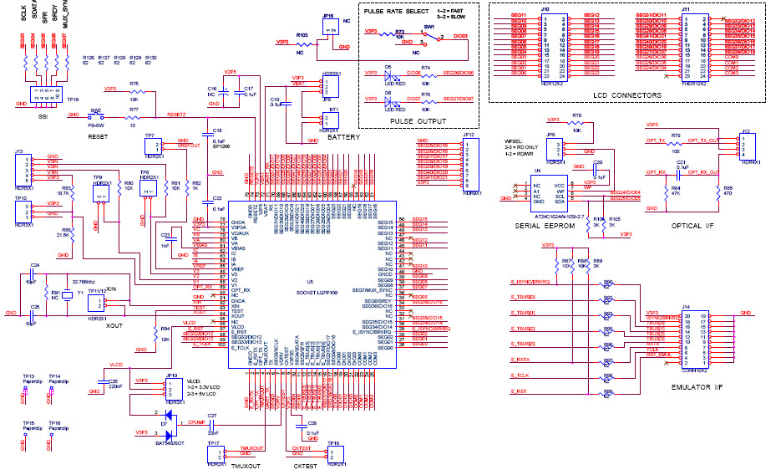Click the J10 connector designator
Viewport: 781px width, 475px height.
point(545,8)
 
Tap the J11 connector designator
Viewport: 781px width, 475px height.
point(686,8)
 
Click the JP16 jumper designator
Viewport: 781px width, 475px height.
point(328,15)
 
